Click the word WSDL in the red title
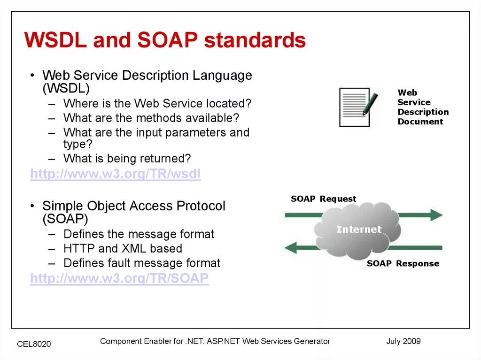tap(55, 40)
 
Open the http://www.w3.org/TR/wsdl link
tap(116, 174)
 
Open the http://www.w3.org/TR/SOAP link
tap(119, 278)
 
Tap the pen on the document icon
tap(370, 104)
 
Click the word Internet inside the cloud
tap(359, 229)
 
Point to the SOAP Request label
tap(323, 199)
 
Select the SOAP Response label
tap(403, 263)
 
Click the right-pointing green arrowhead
tap(436, 215)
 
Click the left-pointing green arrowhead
tap(291, 247)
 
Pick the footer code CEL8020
tap(34, 344)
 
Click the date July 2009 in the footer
tap(403, 341)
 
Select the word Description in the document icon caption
tap(423, 112)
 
